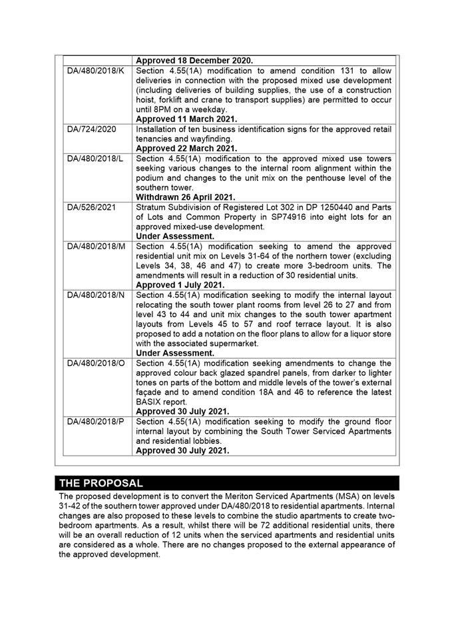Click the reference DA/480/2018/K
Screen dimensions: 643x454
coord(96,71)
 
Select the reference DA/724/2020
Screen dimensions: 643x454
coord(92,129)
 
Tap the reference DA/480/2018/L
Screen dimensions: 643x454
coord(96,159)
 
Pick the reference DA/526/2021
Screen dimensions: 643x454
coord(92,207)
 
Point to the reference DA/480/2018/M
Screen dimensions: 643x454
coord(97,247)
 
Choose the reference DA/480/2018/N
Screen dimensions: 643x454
coord(96,295)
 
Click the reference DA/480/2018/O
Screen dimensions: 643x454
coord(97,363)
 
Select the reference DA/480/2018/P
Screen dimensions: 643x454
coord(96,421)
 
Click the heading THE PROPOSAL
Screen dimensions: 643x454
coord(101,483)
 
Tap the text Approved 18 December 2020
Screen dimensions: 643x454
coord(194,61)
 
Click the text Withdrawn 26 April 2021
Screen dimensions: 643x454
coord(186,197)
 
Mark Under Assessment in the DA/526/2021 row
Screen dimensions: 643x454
coord(175,237)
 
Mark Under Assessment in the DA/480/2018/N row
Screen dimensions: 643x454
coord(175,353)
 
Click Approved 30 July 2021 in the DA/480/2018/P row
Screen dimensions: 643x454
coord(182,450)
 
